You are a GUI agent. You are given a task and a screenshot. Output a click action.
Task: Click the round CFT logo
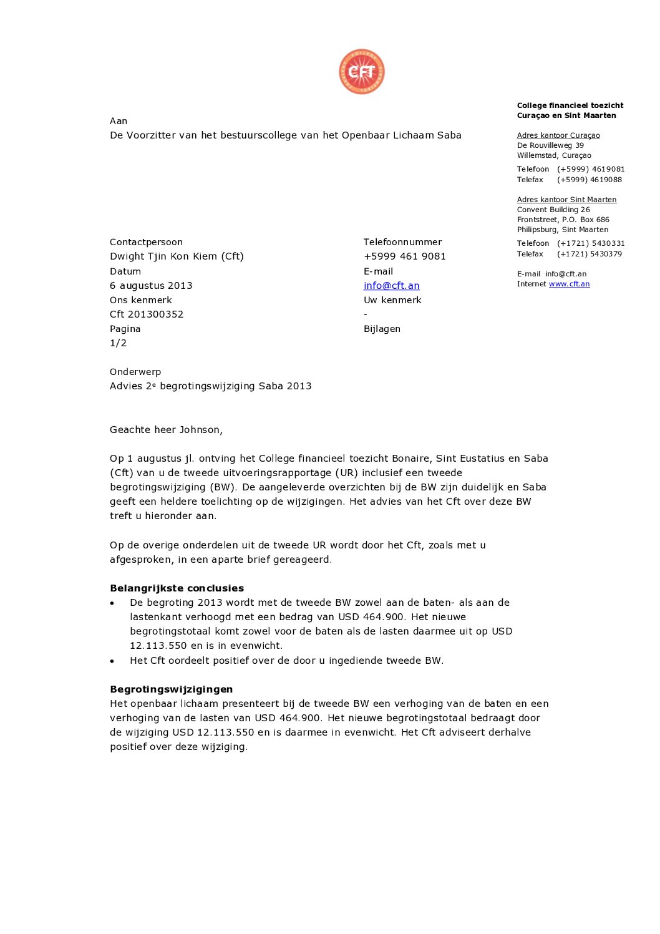(362, 72)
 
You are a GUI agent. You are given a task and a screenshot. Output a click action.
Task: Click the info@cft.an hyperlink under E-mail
(391, 286)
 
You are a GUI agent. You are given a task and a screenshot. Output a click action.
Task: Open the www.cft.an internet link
(569, 284)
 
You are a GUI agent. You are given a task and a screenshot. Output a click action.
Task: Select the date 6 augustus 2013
(151, 286)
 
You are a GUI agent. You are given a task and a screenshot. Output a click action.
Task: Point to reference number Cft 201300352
(147, 314)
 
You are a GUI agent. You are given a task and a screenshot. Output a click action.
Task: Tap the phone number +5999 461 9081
(404, 256)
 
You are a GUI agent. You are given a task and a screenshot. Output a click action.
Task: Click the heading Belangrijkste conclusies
(177, 588)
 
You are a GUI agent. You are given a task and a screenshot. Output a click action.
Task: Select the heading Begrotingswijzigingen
(171, 689)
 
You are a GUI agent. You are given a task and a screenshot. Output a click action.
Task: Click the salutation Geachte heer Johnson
(166, 430)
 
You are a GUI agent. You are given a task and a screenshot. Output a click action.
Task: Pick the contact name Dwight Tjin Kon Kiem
(177, 256)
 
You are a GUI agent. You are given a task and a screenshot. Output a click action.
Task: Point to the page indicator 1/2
(119, 343)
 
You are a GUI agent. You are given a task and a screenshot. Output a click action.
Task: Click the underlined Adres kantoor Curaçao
(558, 135)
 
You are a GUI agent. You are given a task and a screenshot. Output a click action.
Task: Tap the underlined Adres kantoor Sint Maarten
(566, 200)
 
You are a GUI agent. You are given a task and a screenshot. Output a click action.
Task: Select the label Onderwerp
(135, 372)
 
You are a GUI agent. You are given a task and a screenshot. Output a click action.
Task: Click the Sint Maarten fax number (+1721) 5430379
(589, 254)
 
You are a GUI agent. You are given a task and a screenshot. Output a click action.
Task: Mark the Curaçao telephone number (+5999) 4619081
(590, 169)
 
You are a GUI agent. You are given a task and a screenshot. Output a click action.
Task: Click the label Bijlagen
(382, 329)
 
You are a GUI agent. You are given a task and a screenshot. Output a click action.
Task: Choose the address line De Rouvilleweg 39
(550, 145)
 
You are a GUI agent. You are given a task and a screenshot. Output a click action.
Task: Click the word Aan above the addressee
(119, 121)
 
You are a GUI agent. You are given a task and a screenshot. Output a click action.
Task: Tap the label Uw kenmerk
(392, 300)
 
